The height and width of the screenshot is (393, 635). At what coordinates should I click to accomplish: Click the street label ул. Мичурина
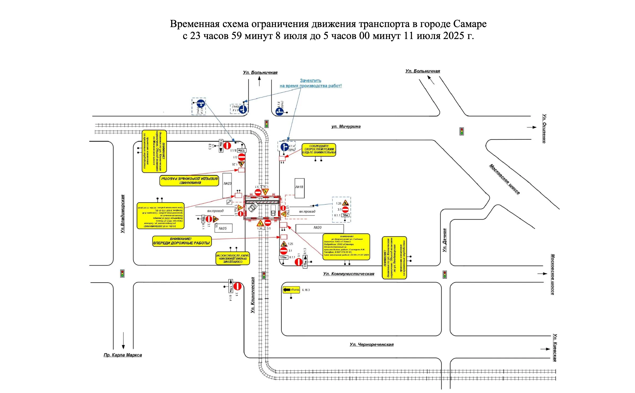click(346, 126)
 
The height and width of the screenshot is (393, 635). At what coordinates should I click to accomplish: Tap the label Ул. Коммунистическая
click(349, 274)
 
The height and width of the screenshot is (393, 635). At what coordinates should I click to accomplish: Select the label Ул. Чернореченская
click(371, 344)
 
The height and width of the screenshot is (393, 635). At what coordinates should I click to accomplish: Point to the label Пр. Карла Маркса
click(123, 355)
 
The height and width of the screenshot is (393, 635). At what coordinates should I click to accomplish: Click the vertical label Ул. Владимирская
click(123, 214)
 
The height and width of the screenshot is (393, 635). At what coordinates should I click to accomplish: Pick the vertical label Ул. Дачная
click(445, 240)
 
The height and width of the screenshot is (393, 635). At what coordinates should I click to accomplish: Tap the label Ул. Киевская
click(554, 348)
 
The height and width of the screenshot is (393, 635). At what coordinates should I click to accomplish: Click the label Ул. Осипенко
click(544, 129)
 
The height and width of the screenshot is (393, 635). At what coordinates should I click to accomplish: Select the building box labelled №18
click(299, 188)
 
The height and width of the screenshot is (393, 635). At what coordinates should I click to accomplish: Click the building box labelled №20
click(319, 228)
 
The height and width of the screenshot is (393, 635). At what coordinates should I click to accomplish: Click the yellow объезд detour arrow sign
click(291, 290)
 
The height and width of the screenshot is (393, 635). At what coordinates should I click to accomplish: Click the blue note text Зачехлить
click(310, 80)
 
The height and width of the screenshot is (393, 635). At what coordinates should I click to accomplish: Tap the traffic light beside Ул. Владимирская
click(122, 274)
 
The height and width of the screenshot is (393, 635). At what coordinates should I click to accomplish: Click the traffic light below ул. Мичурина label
click(462, 131)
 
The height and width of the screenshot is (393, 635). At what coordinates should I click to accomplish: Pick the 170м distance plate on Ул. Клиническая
click(231, 287)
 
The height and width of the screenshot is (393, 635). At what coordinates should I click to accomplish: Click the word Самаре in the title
click(469, 24)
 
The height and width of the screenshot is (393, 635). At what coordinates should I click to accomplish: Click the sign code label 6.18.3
click(306, 290)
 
